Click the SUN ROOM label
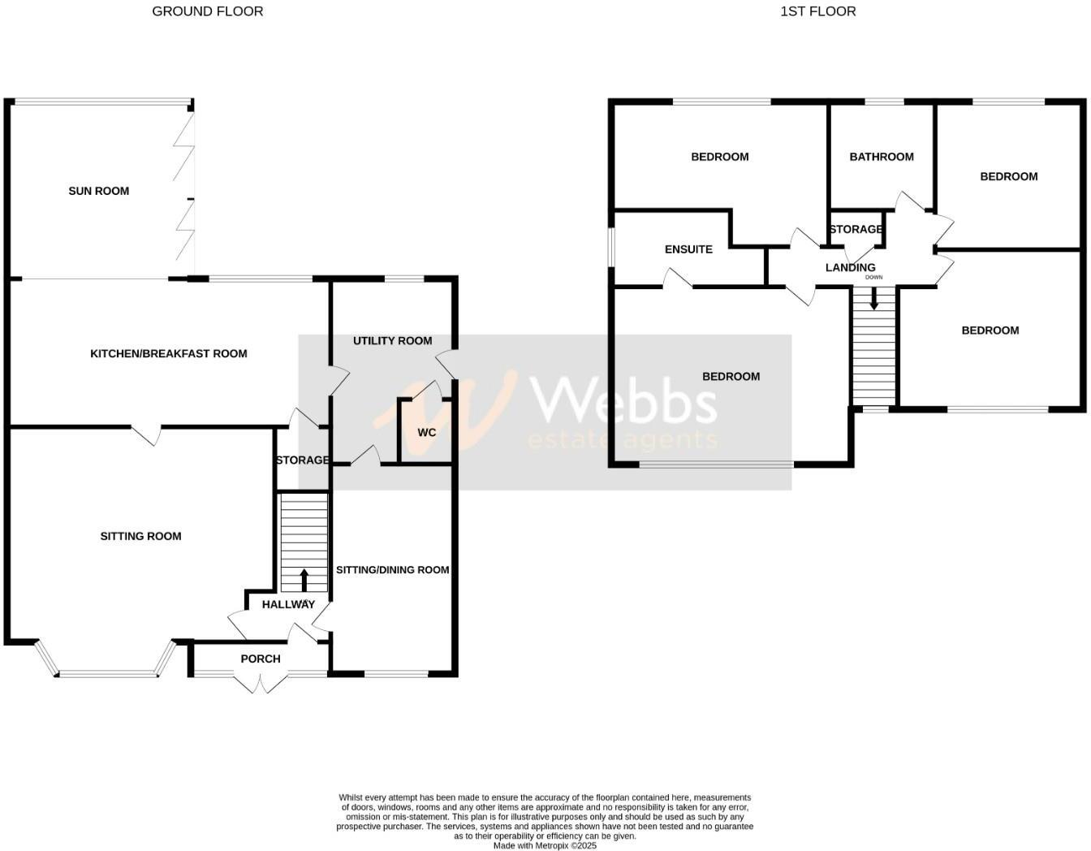click(98, 191)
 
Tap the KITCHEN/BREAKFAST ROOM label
click(168, 353)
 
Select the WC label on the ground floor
click(427, 432)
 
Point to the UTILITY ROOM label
click(392, 340)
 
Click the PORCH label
click(261, 659)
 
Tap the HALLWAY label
click(288, 604)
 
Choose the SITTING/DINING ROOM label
click(392, 570)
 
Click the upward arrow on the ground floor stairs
click(304, 579)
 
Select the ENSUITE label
click(688, 249)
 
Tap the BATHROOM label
click(882, 157)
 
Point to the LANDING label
click(850, 267)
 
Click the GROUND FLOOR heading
click(208, 11)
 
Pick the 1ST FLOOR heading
click(818, 11)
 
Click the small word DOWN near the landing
click(873, 278)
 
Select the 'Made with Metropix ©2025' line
click(545, 845)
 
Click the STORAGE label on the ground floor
click(302, 460)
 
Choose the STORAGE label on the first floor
click(856, 230)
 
